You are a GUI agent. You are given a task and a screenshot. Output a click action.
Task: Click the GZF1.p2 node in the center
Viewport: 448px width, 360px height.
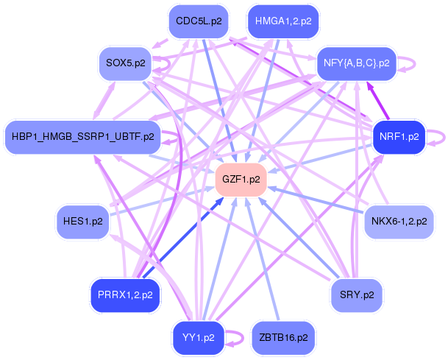pos(241,180)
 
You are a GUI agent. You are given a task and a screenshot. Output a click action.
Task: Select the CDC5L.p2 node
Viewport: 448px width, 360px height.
pos(199,21)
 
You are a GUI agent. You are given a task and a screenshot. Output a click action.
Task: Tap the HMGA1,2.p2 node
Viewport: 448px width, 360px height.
pos(283,21)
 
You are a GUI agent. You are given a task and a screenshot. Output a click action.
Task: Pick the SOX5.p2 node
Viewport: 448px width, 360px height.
pos(126,63)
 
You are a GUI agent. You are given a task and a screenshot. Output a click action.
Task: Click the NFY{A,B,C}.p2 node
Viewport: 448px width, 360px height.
pos(357,63)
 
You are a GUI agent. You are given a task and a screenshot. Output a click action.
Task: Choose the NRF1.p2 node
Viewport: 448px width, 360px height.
pos(399,137)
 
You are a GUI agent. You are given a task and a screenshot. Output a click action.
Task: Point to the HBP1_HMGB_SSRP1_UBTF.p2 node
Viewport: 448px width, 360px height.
pos(83,137)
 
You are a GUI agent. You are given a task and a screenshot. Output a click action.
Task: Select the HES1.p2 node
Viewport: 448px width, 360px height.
pos(83,222)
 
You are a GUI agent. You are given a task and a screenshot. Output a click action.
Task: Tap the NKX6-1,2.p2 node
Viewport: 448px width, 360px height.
pos(399,222)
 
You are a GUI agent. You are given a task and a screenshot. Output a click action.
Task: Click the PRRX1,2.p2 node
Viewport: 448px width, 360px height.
pos(125,295)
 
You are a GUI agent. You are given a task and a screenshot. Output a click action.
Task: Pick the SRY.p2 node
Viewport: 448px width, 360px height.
pos(357,295)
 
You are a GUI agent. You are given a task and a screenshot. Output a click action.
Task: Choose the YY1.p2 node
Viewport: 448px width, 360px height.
pos(199,338)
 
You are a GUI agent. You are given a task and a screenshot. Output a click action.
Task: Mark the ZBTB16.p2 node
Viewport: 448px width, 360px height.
pos(283,338)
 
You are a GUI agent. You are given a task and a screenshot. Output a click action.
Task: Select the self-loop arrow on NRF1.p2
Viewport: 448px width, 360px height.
pos(444,137)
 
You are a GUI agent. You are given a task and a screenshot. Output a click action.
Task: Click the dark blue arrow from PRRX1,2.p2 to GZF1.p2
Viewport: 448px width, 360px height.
pos(183,238)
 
